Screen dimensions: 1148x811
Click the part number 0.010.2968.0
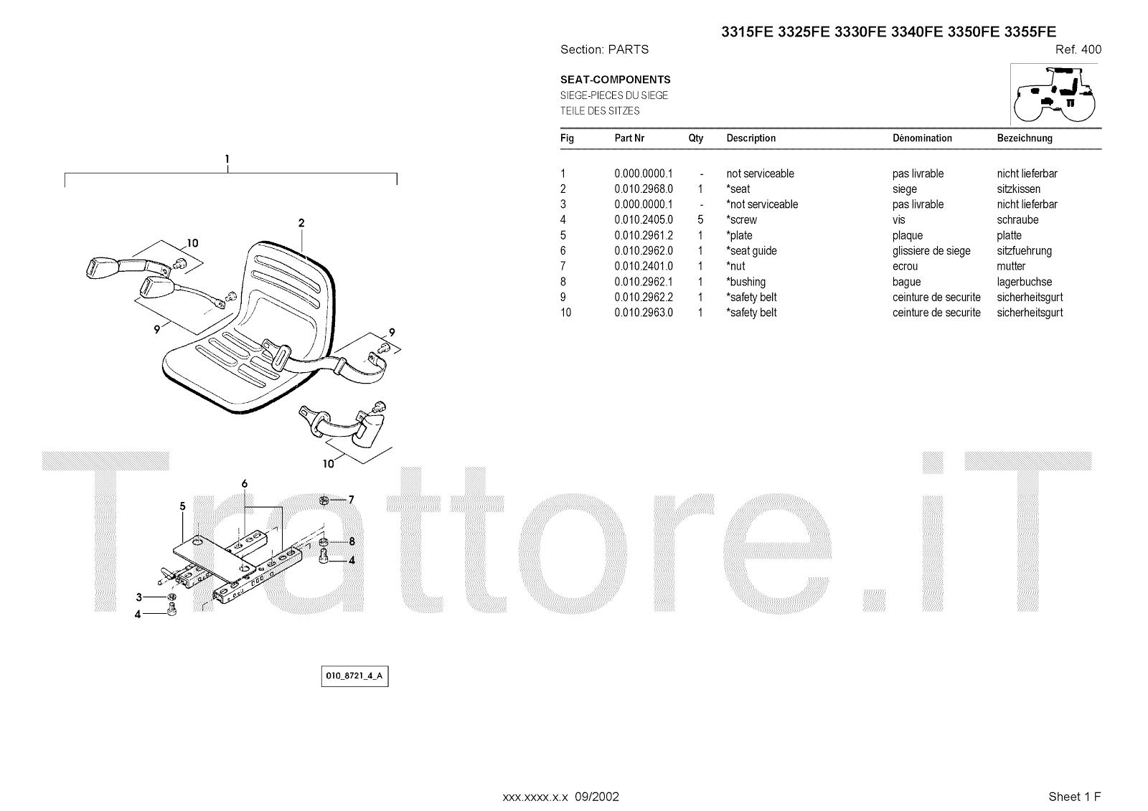[x=644, y=189]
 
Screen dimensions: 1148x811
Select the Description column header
[x=751, y=138]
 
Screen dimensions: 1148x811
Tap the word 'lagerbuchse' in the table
[x=1024, y=282]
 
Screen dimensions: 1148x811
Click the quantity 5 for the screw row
[x=700, y=220]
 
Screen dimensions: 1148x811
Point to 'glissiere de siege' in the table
[x=931, y=251]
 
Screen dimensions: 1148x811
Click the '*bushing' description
[x=746, y=282]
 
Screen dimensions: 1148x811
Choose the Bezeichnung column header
[x=1024, y=138]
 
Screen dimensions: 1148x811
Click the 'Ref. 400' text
[x=1078, y=49]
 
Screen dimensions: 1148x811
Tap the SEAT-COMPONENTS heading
[x=615, y=80]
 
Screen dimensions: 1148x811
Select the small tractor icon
[x=1055, y=94]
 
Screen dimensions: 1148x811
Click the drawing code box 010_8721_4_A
[x=354, y=676]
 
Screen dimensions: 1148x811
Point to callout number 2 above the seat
[x=301, y=223]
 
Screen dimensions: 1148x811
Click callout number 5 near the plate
[x=182, y=506]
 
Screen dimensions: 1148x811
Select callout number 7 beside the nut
[x=351, y=500]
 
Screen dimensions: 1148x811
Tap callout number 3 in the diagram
[x=138, y=597]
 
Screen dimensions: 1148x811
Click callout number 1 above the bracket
[x=227, y=158]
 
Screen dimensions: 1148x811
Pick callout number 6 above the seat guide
[x=245, y=484]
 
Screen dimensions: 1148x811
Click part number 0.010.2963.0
[x=644, y=313]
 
